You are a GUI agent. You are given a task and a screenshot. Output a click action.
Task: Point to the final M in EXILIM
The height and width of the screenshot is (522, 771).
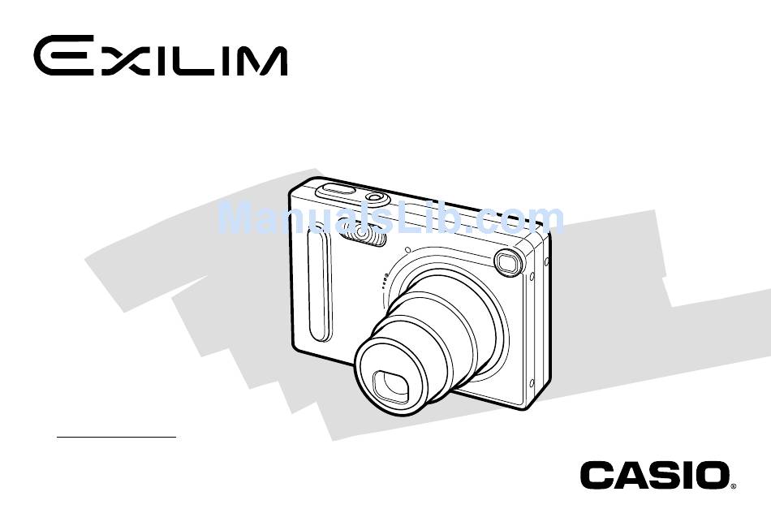[255, 61]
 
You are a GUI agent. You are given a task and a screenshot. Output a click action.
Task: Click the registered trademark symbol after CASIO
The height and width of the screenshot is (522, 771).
[733, 486]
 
